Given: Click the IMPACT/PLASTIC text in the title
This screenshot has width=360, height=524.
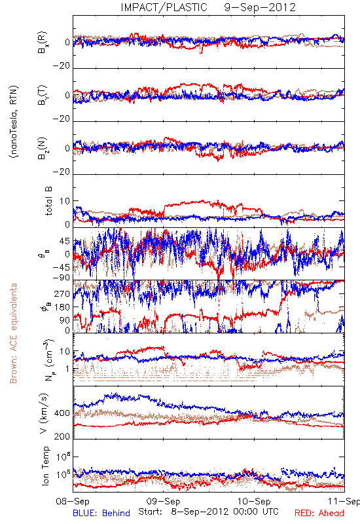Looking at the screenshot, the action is [164, 7].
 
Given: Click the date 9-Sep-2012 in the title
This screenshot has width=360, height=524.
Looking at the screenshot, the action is [260, 7].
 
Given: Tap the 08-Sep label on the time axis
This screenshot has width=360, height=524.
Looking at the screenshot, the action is [73, 501].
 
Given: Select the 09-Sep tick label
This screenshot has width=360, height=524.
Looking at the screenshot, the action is [163, 501].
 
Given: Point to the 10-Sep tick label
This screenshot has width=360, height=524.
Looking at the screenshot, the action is [254, 501].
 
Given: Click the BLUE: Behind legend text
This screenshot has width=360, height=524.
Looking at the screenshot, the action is [101, 513].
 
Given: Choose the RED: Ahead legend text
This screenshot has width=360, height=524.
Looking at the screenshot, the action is [319, 513].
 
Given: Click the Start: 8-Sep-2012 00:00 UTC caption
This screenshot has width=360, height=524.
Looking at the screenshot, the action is [208, 512].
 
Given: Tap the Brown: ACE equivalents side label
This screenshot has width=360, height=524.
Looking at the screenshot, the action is [13, 333].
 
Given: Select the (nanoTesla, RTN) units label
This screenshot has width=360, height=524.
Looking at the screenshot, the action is [14, 122].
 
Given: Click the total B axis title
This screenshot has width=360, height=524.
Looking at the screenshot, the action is [48, 201].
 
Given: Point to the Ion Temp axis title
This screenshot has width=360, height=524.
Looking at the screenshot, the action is [46, 466].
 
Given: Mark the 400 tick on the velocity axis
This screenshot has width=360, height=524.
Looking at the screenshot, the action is [62, 413].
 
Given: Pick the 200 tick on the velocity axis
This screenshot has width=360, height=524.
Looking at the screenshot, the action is [62, 436].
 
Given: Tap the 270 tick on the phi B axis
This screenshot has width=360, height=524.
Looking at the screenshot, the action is [62, 293].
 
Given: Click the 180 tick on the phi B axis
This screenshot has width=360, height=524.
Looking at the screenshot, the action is [62, 307].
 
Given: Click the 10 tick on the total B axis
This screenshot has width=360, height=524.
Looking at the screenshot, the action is [65, 201].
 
